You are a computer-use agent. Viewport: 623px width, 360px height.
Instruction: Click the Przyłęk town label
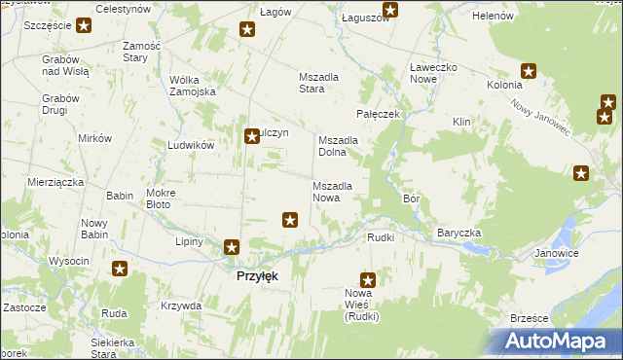pos(257,276)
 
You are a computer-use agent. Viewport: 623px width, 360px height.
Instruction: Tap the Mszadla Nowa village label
pos(339,192)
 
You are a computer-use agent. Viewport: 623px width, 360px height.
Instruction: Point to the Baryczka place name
pos(459,234)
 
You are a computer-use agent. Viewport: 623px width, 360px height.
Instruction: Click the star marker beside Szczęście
pos(84,26)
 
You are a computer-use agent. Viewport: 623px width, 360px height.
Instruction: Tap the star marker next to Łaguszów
pos(390,12)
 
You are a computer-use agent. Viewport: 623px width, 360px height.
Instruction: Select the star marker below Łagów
pos(247,31)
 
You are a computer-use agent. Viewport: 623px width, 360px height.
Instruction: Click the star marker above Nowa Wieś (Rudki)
pos(367,279)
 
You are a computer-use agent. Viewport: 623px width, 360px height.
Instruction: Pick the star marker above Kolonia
pos(529,70)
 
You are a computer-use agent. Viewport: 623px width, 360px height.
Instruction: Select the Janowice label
pos(557,253)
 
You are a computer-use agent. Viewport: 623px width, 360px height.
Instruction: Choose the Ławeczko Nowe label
pos(433,74)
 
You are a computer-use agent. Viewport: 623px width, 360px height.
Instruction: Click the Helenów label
pos(493,18)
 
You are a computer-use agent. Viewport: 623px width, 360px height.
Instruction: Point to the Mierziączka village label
pos(55,182)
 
